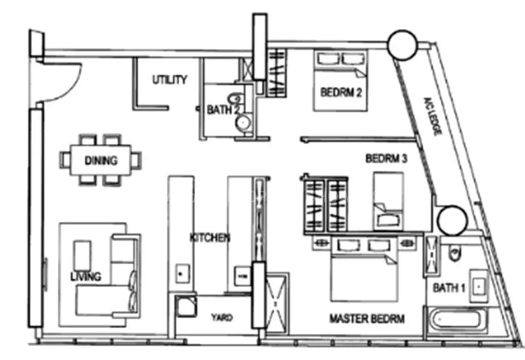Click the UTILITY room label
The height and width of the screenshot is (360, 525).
170,80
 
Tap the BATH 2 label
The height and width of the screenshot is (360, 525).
223,110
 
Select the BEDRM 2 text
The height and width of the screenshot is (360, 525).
341,92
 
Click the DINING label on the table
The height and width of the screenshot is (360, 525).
101,160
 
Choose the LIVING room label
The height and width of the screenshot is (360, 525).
85,277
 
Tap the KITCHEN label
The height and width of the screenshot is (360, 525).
209,237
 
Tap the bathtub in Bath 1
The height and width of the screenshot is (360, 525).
457,322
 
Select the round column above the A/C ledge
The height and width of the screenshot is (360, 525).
402,45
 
